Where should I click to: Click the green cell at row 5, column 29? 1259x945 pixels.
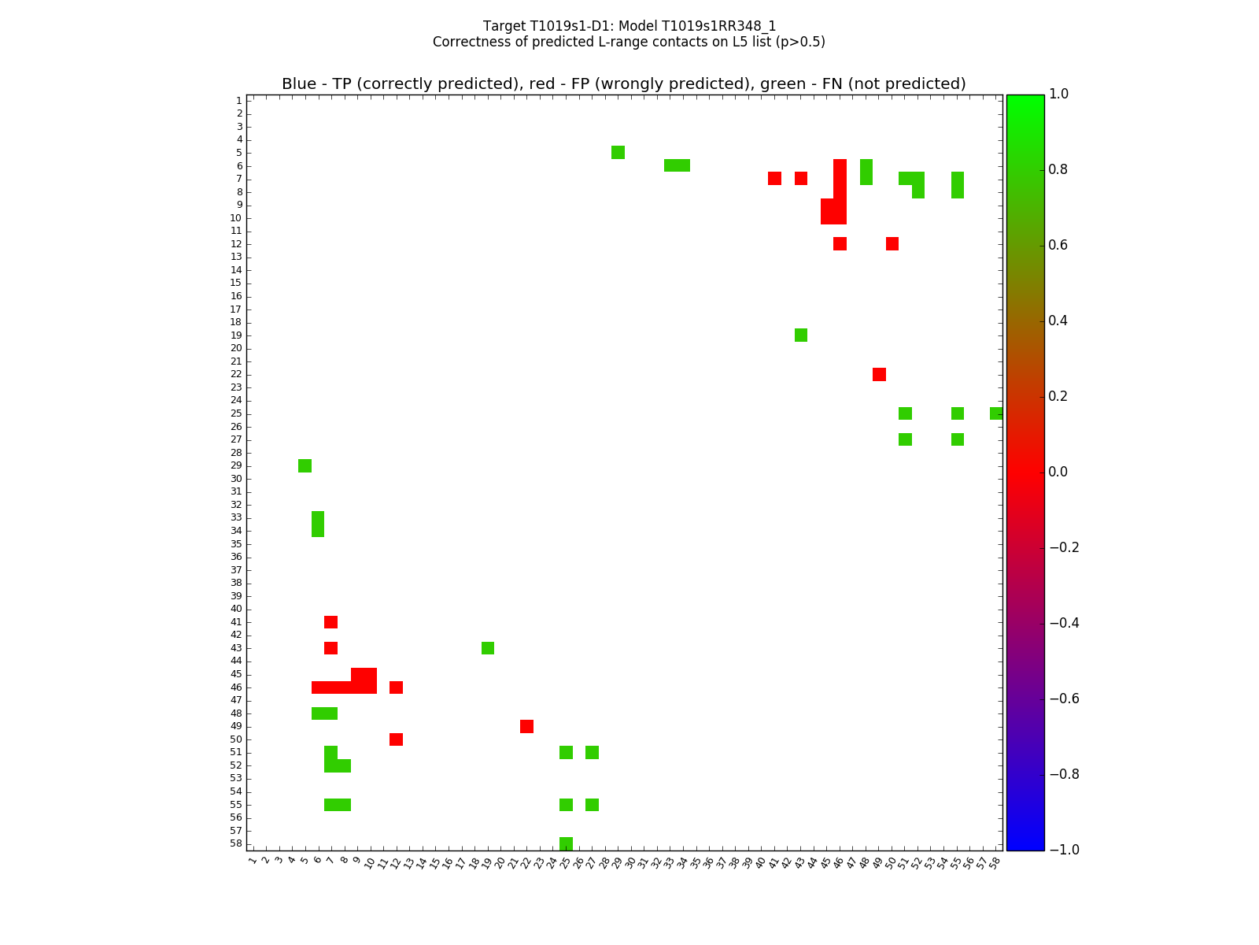tap(618, 152)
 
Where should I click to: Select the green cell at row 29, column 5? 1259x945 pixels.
tap(305, 465)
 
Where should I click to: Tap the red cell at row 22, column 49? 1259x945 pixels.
tap(879, 374)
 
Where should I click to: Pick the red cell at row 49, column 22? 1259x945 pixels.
tap(526, 726)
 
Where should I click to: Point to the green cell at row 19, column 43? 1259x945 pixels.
tap(801, 335)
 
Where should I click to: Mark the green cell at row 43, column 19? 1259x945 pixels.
tap(488, 648)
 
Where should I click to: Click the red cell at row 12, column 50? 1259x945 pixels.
tap(892, 243)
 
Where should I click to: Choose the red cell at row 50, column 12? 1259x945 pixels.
tap(396, 739)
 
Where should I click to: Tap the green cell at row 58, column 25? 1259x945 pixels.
tap(566, 843)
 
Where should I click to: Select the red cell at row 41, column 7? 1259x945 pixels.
tap(330, 622)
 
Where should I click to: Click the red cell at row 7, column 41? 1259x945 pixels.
tap(774, 178)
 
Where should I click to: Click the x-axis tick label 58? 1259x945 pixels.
tap(995, 862)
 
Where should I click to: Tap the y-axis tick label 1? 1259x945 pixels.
tap(238, 101)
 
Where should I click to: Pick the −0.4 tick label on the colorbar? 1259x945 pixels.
tap(1064, 623)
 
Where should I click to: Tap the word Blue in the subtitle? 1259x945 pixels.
tap(299, 84)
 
